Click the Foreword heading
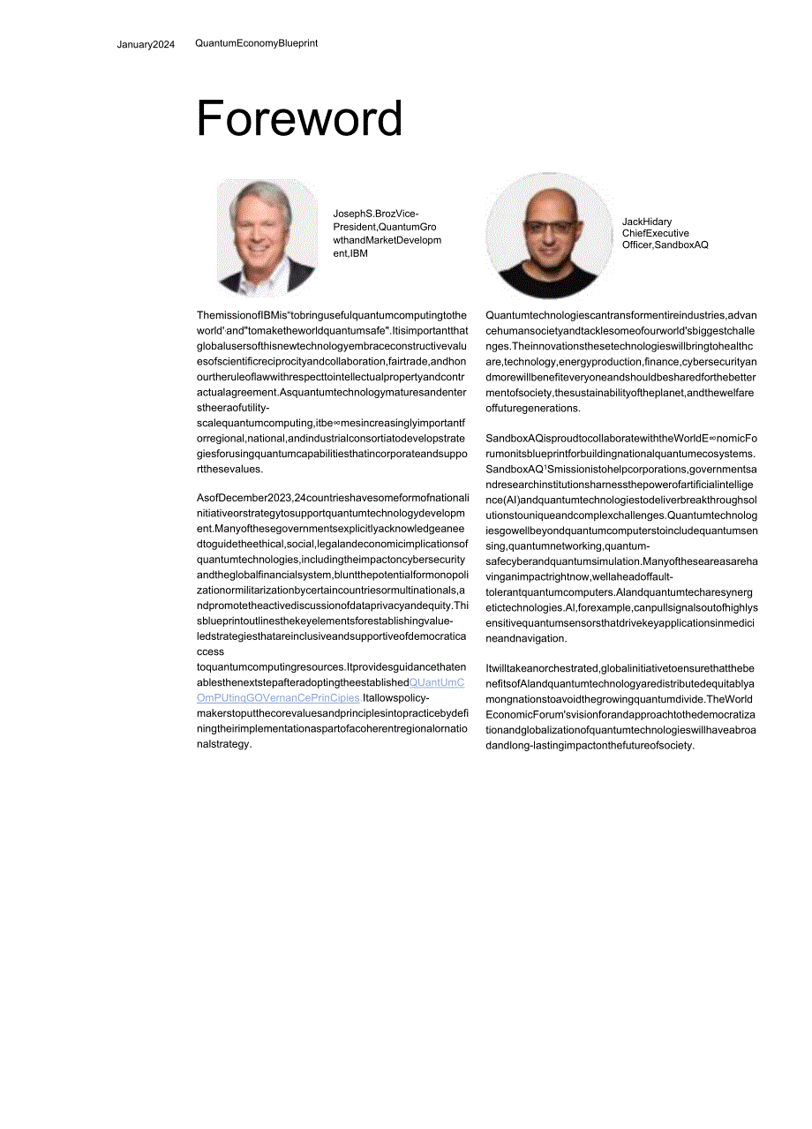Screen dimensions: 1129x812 [x=299, y=119]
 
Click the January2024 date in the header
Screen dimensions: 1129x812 [x=146, y=45]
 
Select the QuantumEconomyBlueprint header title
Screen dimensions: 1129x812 [x=256, y=43]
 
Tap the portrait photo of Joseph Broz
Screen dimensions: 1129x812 [x=267, y=237]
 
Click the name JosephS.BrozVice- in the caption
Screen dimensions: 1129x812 [x=376, y=214]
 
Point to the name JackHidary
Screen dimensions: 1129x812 [x=647, y=222]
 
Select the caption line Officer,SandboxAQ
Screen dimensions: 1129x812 [x=665, y=245]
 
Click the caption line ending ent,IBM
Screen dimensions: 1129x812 [x=350, y=253]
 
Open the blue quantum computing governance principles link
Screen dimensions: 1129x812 [x=330, y=690]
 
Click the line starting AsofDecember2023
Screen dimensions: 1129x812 [x=333, y=498]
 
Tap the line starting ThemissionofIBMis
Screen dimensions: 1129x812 [x=332, y=315]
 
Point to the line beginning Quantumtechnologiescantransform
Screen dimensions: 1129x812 [x=620, y=315]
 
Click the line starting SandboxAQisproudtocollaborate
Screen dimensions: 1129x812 [x=620, y=439]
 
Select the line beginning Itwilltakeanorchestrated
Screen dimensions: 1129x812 [x=620, y=668]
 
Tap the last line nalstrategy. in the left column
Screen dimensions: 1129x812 [x=225, y=744]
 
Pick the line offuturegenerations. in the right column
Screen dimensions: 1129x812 [x=533, y=408]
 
